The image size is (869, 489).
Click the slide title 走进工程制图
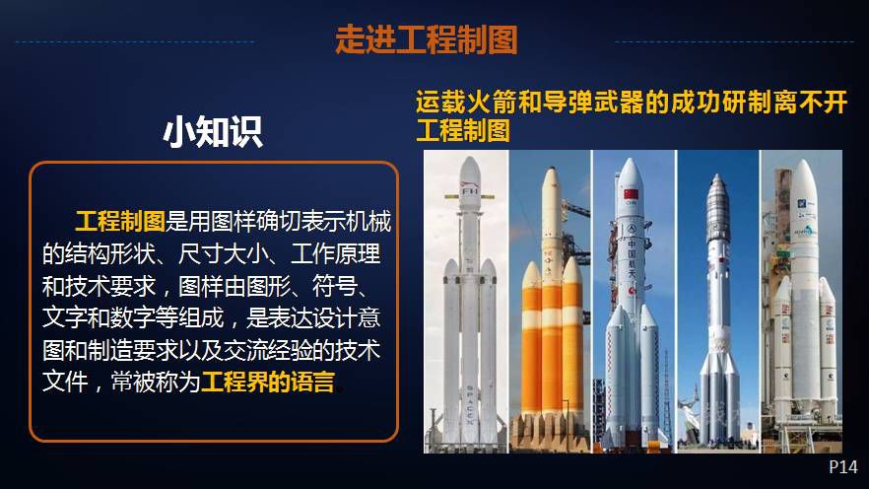(x=427, y=39)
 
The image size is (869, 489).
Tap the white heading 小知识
(x=213, y=132)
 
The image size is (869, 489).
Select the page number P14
(x=843, y=467)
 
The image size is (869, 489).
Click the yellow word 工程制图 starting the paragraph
(x=120, y=221)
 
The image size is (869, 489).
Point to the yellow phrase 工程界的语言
(x=268, y=382)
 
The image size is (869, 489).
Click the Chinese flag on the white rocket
(x=632, y=194)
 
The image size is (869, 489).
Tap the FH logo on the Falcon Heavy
(x=470, y=191)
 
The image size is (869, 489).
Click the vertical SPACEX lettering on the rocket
(x=470, y=405)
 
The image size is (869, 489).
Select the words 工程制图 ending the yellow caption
(x=463, y=131)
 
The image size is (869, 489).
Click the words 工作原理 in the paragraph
(x=335, y=254)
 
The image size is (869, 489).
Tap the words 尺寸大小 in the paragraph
(x=223, y=254)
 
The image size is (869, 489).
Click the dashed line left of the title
(x=135, y=41)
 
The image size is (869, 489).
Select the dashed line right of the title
(x=734, y=41)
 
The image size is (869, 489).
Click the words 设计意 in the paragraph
(x=347, y=317)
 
